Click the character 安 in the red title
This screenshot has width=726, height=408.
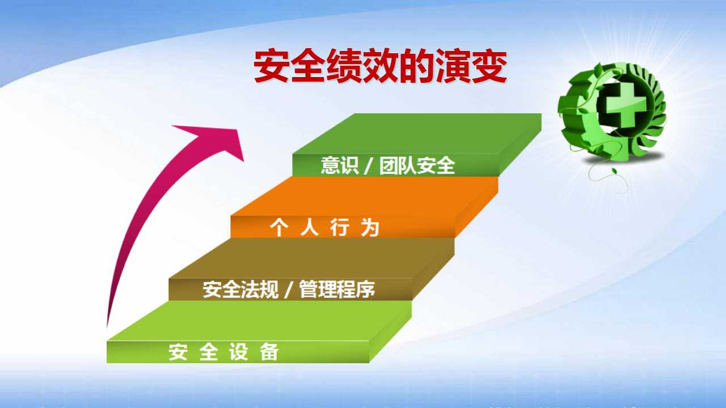pyautogui.click(x=272, y=66)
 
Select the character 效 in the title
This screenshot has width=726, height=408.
pyautogui.click(x=381, y=66)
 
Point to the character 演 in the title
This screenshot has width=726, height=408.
pyautogui.click(x=453, y=66)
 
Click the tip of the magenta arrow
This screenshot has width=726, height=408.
pyautogui.click(x=243, y=160)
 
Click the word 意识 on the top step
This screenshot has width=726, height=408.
pyautogui.click(x=340, y=165)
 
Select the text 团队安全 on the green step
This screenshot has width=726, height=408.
pyautogui.click(x=417, y=165)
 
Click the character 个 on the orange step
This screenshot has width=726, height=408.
pyautogui.click(x=280, y=227)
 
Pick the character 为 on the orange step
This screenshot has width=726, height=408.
pyautogui.click(x=370, y=227)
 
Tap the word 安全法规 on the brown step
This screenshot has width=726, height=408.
pyautogui.click(x=240, y=289)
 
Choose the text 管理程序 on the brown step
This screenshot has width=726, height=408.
pyautogui.click(x=337, y=289)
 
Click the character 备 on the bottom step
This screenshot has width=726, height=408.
pyautogui.click(x=269, y=352)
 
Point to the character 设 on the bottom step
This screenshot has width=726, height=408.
pyautogui.click(x=239, y=352)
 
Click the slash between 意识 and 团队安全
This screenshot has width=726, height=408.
pyautogui.click(x=368, y=166)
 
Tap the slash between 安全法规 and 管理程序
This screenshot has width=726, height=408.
pyautogui.click(x=288, y=290)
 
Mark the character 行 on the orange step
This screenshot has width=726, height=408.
pyautogui.click(x=340, y=227)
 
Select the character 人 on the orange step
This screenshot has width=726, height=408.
pyautogui.click(x=310, y=227)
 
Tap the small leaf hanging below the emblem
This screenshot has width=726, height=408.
pyautogui.click(x=614, y=171)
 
